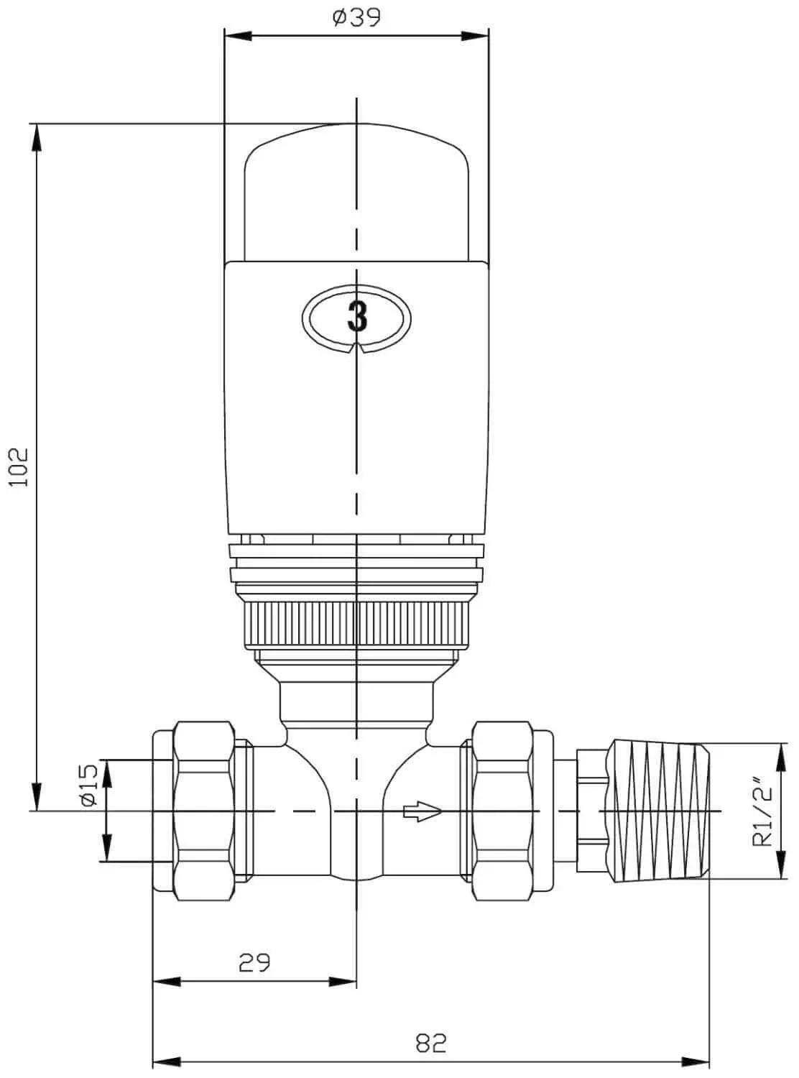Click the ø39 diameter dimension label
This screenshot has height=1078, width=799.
click(x=356, y=17)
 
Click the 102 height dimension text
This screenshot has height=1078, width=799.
click(x=18, y=467)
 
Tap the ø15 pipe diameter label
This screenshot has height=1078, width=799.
click(x=88, y=786)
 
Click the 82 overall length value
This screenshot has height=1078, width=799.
click(x=431, y=1043)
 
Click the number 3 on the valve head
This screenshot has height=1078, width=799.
click(x=357, y=315)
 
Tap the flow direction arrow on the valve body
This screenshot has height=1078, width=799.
click(x=422, y=813)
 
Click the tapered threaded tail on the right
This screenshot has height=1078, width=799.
click(x=657, y=811)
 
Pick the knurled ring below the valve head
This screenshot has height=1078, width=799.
click(x=356, y=625)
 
